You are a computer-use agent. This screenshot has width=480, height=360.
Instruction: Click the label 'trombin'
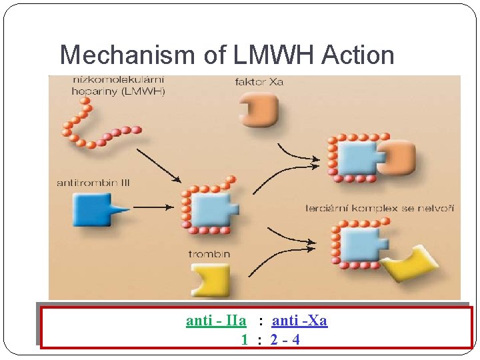[x=209, y=254]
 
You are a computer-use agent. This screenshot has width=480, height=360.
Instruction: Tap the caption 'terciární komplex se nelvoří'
[x=379, y=209]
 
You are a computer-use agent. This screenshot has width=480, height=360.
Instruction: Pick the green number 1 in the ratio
[x=245, y=339]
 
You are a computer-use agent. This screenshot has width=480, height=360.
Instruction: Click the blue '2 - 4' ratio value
[x=285, y=339]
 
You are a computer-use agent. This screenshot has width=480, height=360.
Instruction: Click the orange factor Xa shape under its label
[x=258, y=108]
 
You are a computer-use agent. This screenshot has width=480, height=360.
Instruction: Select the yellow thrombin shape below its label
[x=210, y=281]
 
